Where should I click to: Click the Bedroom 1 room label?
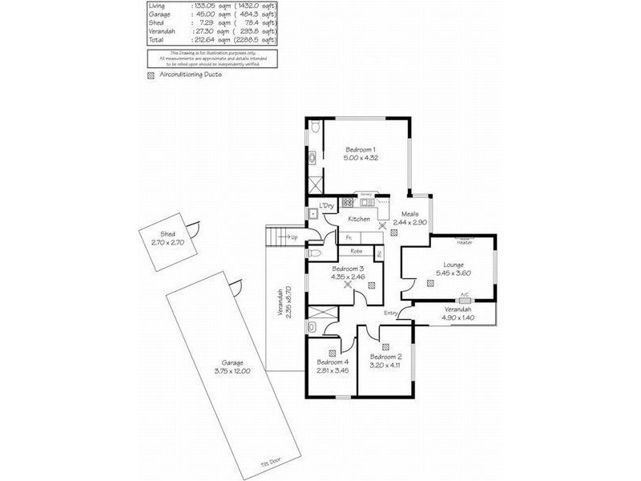(x=361, y=150)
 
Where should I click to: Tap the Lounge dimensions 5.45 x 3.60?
(x=448, y=273)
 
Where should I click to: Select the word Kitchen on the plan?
(x=358, y=219)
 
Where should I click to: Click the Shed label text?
(x=167, y=233)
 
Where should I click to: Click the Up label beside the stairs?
(x=294, y=237)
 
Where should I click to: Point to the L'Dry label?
(x=326, y=207)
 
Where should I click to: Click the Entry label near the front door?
(x=391, y=313)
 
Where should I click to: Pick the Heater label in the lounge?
(x=464, y=241)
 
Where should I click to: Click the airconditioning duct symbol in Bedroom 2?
(x=385, y=347)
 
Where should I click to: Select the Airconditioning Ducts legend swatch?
(x=151, y=75)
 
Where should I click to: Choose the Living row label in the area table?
(x=157, y=6)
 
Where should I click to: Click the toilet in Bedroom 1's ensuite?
(x=315, y=127)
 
